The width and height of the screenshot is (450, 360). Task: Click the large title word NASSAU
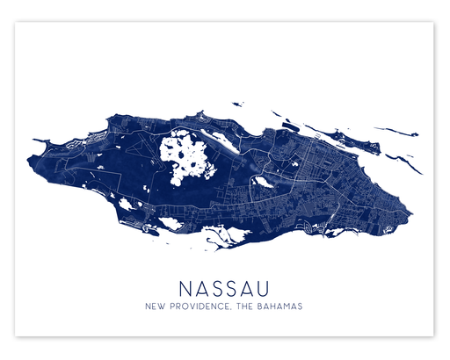coord(224,288)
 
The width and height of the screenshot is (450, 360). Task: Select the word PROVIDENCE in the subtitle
coord(204,307)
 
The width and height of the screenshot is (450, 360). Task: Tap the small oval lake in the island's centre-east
coord(263,183)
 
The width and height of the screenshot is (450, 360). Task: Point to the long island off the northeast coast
coord(337,137)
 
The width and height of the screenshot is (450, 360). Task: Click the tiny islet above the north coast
coord(276,113)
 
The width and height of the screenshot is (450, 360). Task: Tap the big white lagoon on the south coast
coord(219,235)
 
